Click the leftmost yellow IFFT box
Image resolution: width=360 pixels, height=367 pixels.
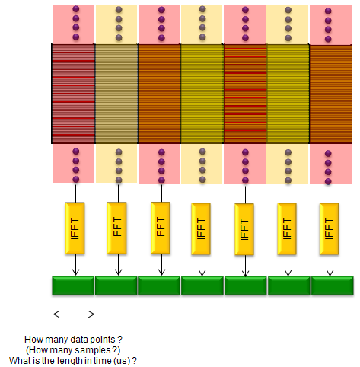75,228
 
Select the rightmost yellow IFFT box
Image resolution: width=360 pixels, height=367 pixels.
329,228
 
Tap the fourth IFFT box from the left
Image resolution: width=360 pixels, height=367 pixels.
201,228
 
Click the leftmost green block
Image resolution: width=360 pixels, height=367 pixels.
73,286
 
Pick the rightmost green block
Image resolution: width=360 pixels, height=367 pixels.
333,286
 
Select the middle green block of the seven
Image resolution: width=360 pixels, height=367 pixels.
202,286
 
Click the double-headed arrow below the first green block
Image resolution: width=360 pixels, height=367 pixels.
74,314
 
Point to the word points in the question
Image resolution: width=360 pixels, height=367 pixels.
103,340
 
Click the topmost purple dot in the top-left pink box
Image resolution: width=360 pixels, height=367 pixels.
76,9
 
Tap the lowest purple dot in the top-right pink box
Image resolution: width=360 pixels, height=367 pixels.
328,39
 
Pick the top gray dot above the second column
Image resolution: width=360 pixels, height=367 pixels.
119,10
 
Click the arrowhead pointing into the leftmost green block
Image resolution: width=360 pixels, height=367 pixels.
75,273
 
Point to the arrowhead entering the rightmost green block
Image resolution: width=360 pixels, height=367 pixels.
330,273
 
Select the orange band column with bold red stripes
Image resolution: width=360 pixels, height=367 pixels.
245,94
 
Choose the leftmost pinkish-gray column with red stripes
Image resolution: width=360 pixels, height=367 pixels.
73,94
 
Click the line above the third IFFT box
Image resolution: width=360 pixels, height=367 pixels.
161,193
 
